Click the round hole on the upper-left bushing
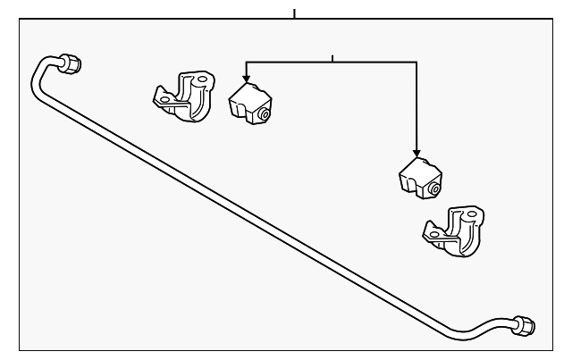[266, 113]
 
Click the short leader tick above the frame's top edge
[294, 13]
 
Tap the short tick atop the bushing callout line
[332, 58]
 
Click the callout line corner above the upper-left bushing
[246, 62]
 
